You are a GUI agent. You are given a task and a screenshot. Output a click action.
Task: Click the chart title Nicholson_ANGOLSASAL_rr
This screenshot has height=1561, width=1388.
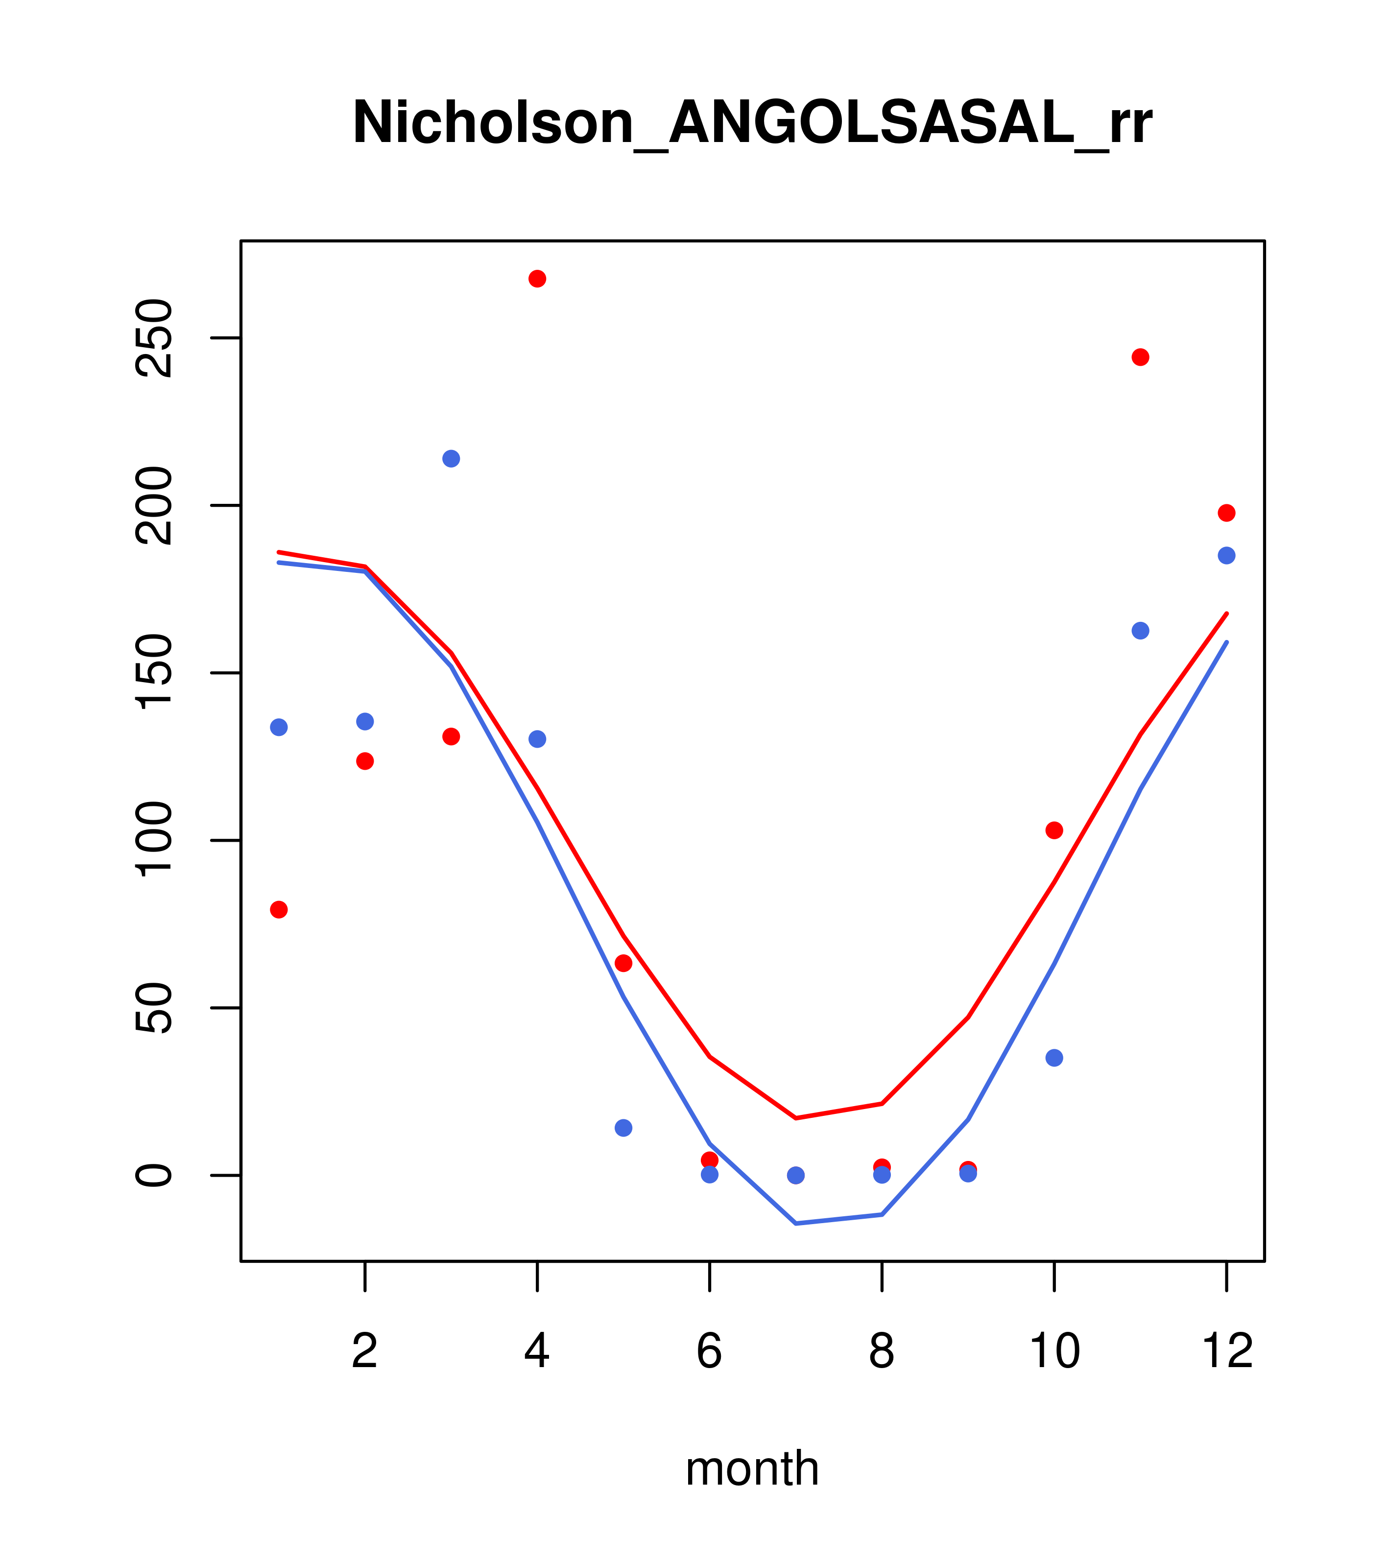[x=752, y=124]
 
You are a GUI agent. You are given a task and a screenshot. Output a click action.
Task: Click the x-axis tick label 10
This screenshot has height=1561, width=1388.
[x=1054, y=1352]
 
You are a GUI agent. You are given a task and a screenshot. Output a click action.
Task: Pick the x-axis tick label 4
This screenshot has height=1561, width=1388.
[x=537, y=1352]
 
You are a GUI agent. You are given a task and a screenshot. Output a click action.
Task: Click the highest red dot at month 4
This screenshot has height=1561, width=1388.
[x=537, y=279]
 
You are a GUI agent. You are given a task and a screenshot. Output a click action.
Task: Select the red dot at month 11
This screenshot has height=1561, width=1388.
[x=1140, y=357]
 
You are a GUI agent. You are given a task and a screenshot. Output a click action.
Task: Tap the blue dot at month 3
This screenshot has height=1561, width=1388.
[x=451, y=458]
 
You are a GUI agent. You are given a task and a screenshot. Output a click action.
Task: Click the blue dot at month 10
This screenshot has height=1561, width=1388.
[x=1054, y=1058]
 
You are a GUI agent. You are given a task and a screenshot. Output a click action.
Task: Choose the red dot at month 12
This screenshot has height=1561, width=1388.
[x=1226, y=513]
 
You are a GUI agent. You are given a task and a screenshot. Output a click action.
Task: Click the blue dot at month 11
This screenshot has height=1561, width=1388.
[x=1140, y=631]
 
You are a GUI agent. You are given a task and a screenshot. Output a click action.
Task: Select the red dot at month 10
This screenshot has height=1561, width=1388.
[x=1054, y=830]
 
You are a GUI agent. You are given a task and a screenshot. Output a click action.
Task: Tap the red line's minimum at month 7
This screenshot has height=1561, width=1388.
[x=796, y=1118]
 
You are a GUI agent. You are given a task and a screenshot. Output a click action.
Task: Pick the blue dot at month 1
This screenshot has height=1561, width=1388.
[x=279, y=727]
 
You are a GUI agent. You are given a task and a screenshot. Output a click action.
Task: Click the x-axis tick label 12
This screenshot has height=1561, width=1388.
[x=1226, y=1352]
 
